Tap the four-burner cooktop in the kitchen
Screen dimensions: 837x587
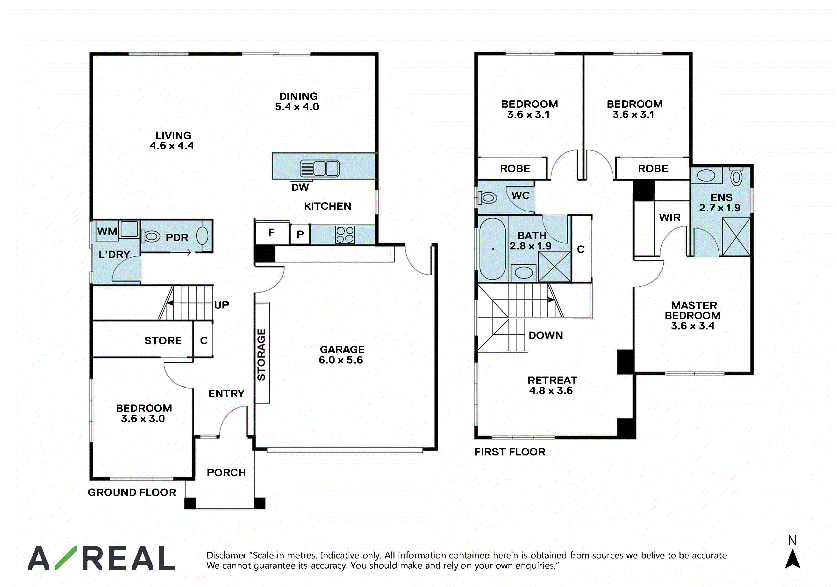pos(345,235)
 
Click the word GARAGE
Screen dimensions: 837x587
pos(342,349)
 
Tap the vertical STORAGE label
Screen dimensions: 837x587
pos(261,355)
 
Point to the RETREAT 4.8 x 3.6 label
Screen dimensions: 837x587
pos(552,385)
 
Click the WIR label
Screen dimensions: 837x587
pos(670,217)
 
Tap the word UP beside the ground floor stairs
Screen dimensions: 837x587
pos(222,305)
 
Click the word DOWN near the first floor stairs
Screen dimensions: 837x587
pos(546,335)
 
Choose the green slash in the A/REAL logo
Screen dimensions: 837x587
pos(66,558)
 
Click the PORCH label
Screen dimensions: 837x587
pos(226,473)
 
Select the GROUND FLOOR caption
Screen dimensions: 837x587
pos(132,492)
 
